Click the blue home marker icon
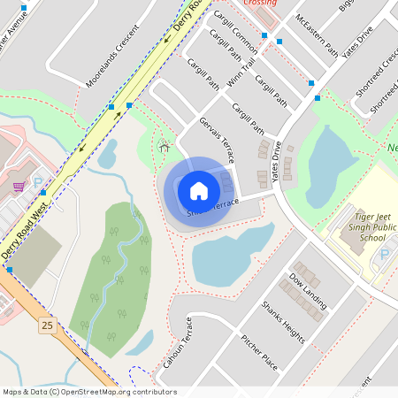tap(198, 190)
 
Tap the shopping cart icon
tap(19, 188)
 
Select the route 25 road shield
tap(47, 325)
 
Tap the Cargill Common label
tap(234, 35)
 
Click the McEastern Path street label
tap(316, 34)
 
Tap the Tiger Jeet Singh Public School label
tap(360, 233)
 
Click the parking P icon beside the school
tap(385, 255)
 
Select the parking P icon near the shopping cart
tap(38, 183)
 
